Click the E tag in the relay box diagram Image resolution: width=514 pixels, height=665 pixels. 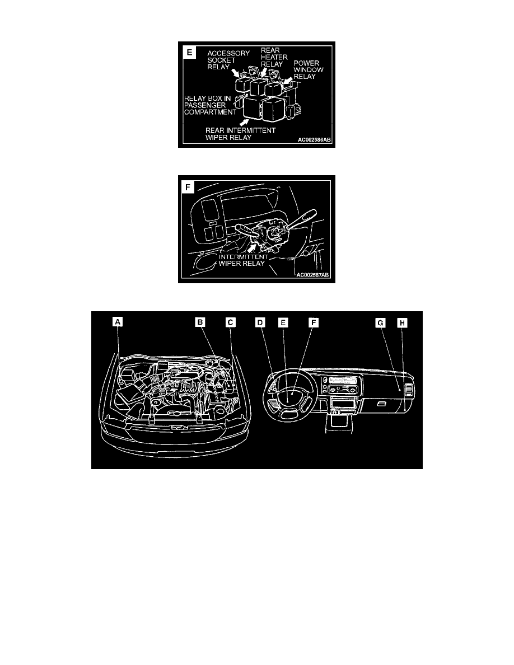[189, 53]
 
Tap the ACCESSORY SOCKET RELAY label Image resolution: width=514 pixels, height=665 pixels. [228, 60]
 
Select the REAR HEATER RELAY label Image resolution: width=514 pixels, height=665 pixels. [274, 57]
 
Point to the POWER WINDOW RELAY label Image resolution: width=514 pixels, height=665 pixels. [309, 69]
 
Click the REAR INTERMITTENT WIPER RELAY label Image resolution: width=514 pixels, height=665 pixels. [240, 134]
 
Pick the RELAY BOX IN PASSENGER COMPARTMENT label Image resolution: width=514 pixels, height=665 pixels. [210, 105]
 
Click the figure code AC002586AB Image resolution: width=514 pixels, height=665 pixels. [314, 139]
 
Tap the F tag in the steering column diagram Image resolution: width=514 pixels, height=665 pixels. [188, 187]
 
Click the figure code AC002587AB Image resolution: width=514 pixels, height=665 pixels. [312, 275]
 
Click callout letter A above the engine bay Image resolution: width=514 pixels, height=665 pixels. [118, 322]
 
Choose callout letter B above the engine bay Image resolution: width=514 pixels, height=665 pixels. [200, 322]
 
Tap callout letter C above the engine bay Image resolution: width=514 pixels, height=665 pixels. [230, 323]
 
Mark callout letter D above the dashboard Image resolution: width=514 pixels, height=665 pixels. [260, 323]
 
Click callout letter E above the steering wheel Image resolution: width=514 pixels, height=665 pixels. [283, 323]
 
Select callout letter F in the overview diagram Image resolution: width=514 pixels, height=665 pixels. [314, 323]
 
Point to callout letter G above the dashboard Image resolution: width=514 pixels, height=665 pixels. [380, 323]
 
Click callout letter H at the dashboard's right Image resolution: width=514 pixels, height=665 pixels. [402, 323]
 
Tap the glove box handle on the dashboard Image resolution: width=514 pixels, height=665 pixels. [381, 404]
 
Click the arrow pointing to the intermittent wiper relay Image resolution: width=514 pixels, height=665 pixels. [253, 247]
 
